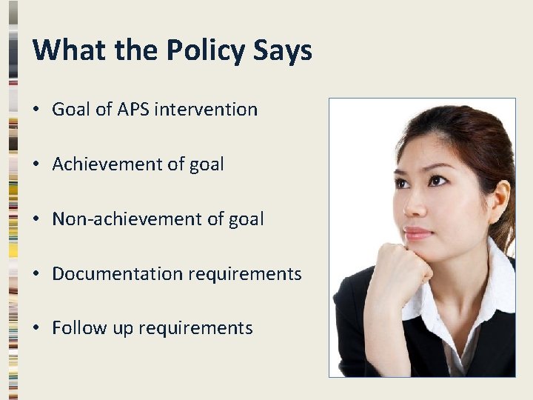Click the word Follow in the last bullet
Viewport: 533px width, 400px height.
[75, 327]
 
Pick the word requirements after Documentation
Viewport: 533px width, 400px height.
[245, 273]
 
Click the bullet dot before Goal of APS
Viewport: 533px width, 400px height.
[36, 110]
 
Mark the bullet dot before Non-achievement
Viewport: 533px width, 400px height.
[36, 219]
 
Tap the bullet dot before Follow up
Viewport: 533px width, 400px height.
[36, 328]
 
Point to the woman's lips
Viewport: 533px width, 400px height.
[418, 233]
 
